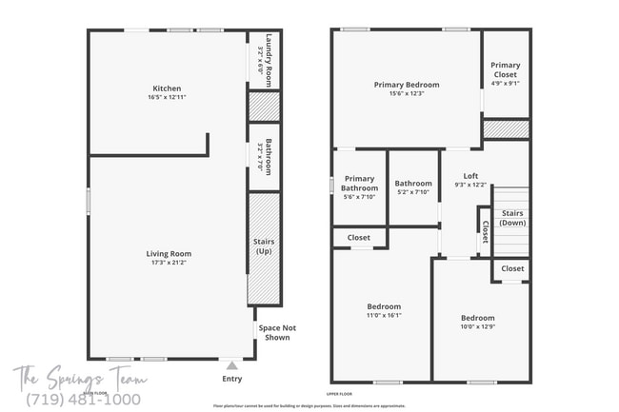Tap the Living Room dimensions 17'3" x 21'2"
169,263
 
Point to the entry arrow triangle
231,364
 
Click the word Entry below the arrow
231,378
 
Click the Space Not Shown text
277,332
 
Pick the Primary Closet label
505,70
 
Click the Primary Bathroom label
359,183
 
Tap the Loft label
470,176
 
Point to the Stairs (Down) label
512,218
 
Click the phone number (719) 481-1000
85,400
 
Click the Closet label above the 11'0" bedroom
359,237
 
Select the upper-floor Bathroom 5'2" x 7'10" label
413,187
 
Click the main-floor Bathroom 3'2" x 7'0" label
270,157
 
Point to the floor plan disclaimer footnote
309,404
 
